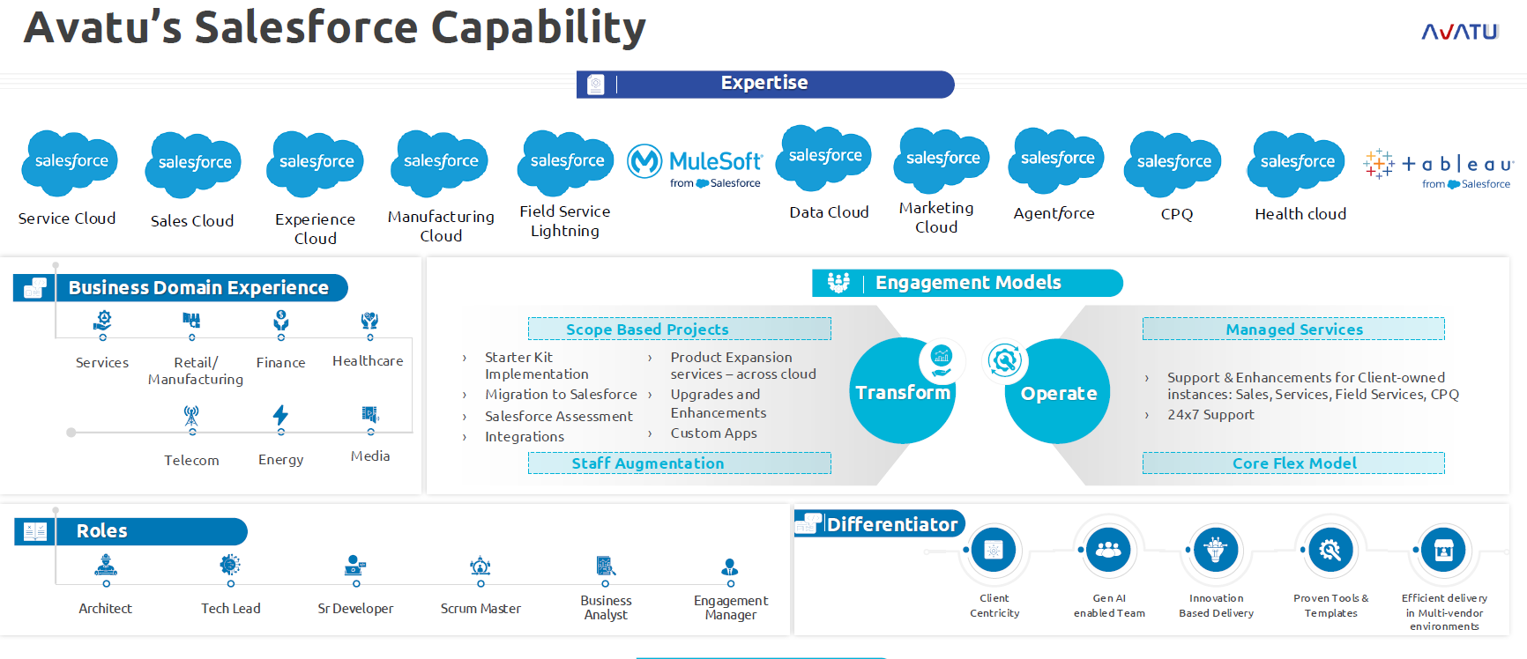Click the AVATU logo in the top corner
1459,32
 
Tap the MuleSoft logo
695,165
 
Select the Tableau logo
1438,167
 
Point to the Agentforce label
1054,213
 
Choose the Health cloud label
1300,214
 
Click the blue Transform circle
903,392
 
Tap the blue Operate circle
1058,393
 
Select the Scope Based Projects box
679,329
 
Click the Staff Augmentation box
679,463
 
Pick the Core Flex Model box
1293,463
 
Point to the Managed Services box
1293,329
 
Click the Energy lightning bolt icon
280,415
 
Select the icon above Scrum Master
480,566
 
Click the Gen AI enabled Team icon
1108,551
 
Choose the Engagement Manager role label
730,607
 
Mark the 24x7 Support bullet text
1210,415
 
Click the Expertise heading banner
764,84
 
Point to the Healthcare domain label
368,361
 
